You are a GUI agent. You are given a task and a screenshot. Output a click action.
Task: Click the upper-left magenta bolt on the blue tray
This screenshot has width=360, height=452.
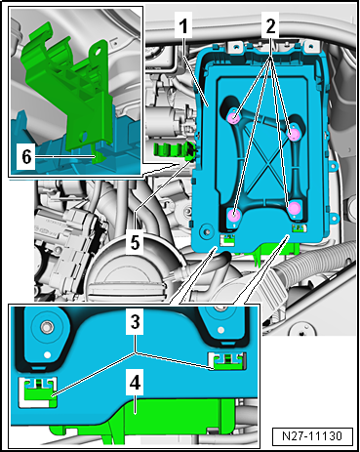(233, 117)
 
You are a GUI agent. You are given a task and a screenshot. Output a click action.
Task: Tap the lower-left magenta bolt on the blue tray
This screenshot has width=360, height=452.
(235, 214)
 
